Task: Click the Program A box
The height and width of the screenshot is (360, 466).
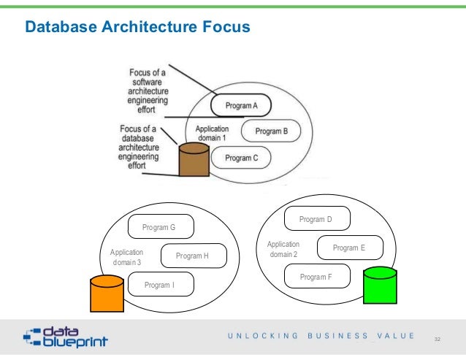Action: [241, 106]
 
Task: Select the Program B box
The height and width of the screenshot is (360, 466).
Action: [271, 131]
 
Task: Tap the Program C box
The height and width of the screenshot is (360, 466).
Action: [240, 157]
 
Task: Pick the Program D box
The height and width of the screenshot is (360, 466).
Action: [316, 219]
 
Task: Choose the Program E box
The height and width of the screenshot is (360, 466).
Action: [350, 248]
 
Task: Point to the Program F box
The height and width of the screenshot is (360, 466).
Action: [316, 277]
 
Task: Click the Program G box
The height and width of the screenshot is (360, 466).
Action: [159, 228]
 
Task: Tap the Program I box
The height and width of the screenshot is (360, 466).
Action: [160, 285]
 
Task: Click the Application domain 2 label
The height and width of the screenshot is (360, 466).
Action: [283, 249]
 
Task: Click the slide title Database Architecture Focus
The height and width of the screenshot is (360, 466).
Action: [137, 27]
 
